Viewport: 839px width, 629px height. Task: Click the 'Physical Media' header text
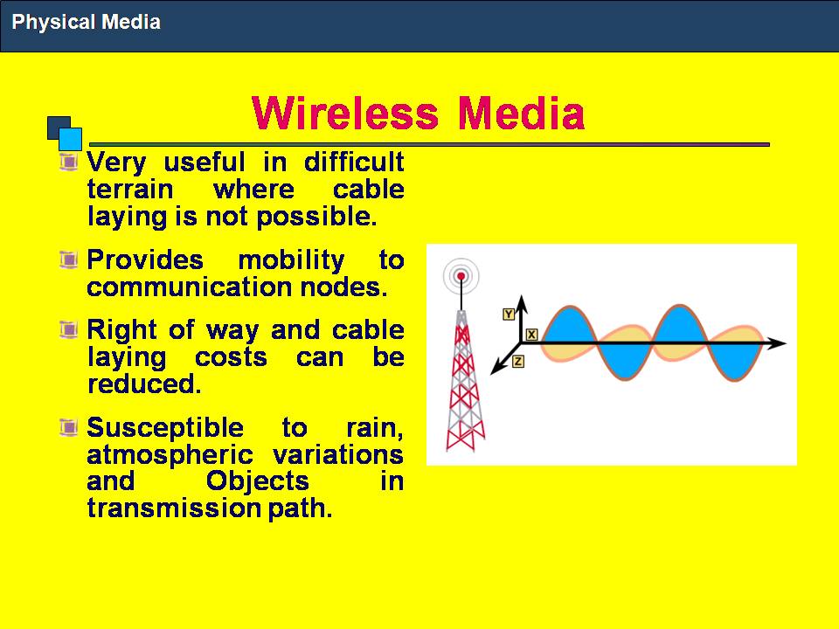pos(87,22)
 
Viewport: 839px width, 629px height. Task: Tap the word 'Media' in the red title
pos(521,113)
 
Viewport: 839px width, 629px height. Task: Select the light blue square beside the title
pos(70,139)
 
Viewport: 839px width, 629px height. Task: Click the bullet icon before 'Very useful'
pos(68,161)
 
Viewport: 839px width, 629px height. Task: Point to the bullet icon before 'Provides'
pos(68,259)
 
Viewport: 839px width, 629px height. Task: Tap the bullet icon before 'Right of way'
pos(68,329)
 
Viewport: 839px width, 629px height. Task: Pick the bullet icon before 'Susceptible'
pos(68,427)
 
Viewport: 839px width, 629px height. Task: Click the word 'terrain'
pos(130,190)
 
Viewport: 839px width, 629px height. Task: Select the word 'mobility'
pos(292,261)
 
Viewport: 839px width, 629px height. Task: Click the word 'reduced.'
pos(144,384)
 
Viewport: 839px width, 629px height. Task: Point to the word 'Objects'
pos(257,481)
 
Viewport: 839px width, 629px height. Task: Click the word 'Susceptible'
pos(165,428)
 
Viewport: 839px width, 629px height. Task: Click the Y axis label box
pos(509,314)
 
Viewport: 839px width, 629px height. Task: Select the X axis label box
pos(531,335)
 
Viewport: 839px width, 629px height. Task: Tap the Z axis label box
pos(518,362)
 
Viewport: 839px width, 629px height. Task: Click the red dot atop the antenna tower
pos(461,276)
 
